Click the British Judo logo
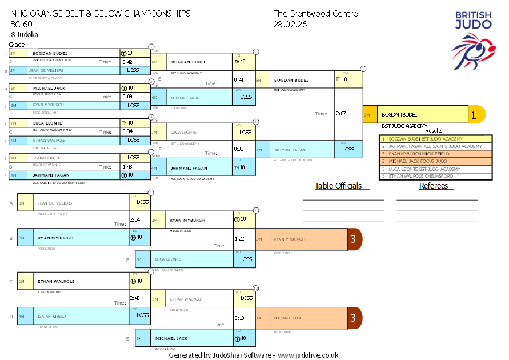(x=473, y=40)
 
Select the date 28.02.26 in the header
(x=290, y=24)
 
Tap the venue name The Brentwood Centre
(x=315, y=14)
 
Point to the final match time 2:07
(x=342, y=114)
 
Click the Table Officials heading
(x=338, y=186)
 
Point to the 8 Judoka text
(x=25, y=34)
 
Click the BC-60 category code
(x=21, y=24)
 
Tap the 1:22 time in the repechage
(x=239, y=238)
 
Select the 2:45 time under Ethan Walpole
(x=135, y=298)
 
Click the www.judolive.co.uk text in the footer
(x=308, y=355)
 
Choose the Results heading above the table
(x=434, y=131)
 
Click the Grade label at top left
(x=17, y=44)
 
